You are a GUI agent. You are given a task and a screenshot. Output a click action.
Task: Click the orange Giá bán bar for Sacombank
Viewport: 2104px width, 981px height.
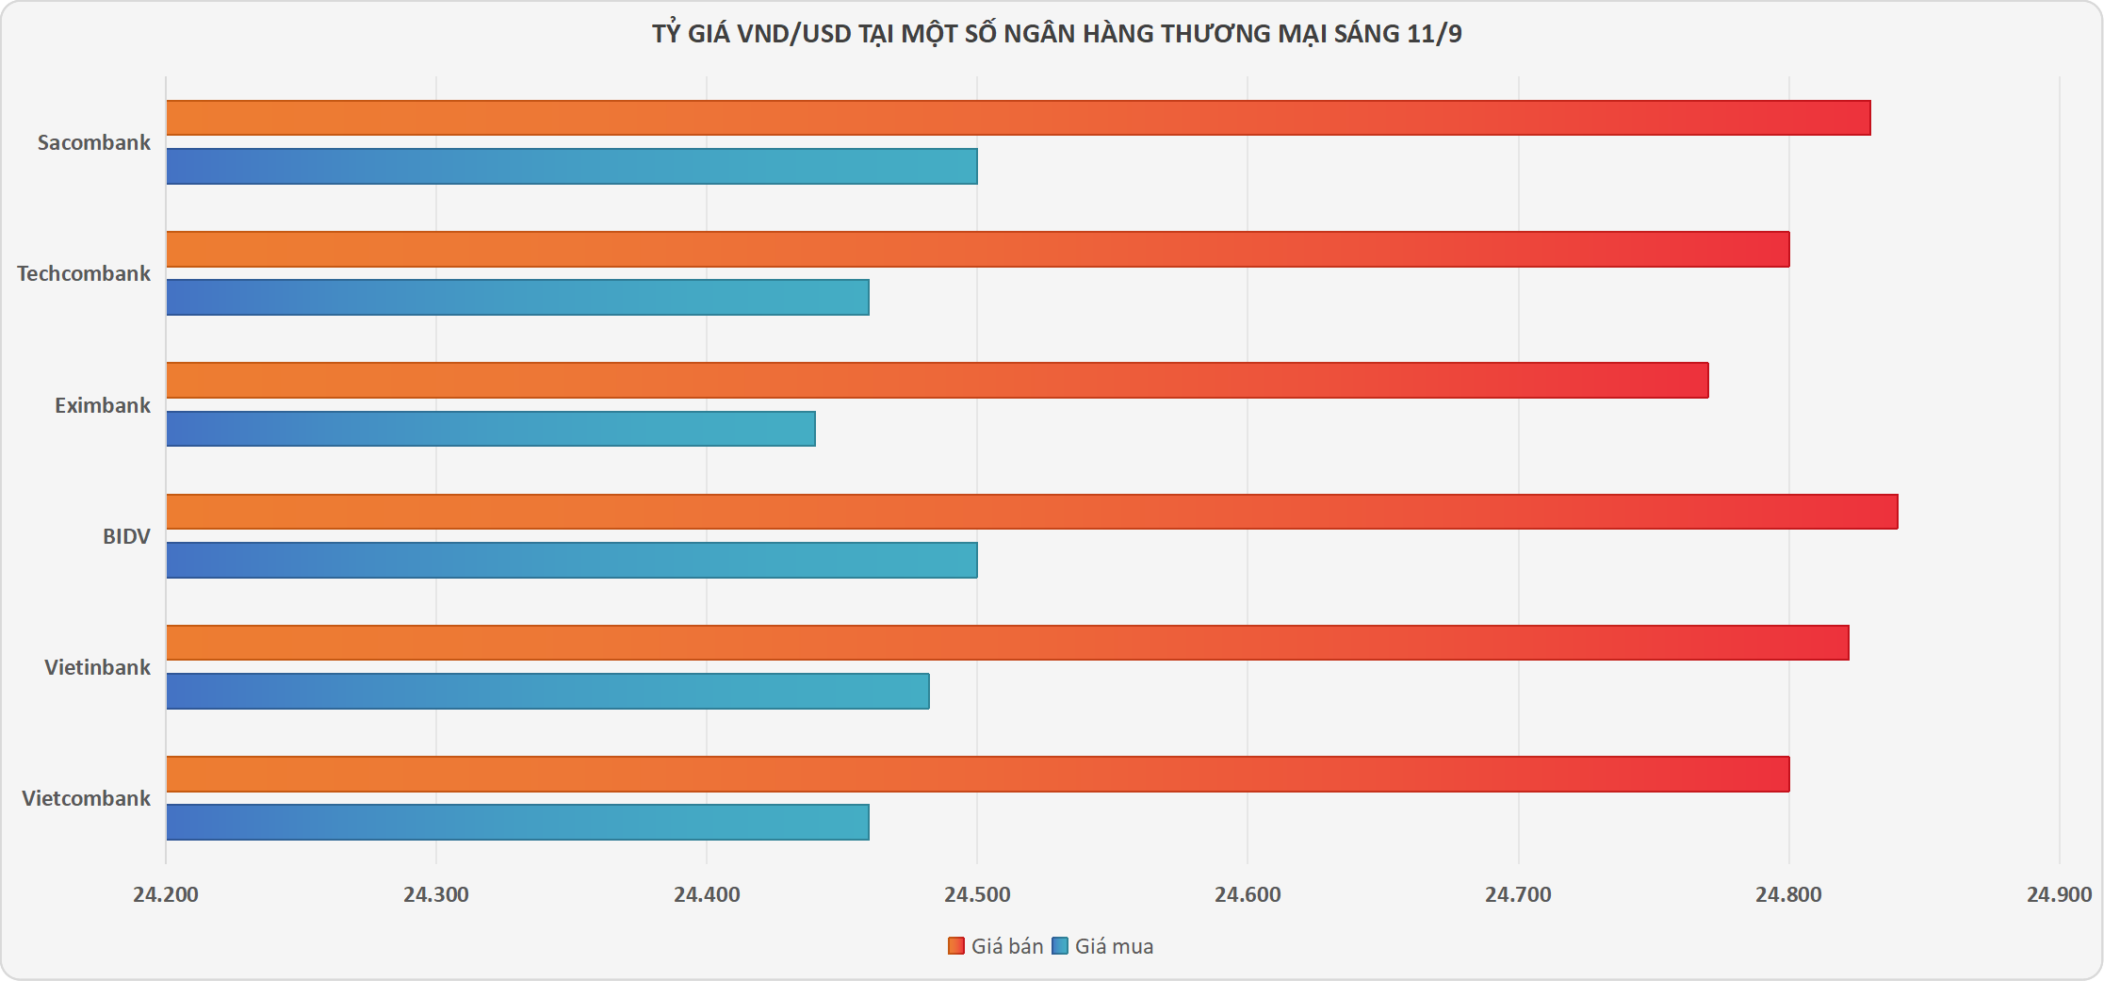click(1018, 118)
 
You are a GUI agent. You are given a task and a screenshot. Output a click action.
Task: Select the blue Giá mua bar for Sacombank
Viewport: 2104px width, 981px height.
click(572, 166)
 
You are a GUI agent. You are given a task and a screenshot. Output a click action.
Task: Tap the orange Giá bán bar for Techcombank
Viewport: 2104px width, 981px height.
click(978, 249)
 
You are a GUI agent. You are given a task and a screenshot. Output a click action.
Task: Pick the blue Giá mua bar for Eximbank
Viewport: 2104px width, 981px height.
click(491, 429)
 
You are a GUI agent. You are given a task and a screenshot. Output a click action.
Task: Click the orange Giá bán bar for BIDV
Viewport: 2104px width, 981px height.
click(1032, 512)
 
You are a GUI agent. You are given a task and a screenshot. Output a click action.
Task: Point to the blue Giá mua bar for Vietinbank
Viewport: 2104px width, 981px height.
click(547, 691)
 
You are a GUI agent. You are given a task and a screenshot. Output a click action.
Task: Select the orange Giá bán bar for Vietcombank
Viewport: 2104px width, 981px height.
click(978, 774)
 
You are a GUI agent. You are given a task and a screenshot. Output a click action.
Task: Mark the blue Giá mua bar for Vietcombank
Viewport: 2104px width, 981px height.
click(517, 822)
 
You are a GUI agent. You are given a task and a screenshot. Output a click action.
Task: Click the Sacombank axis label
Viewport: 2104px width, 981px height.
click(94, 142)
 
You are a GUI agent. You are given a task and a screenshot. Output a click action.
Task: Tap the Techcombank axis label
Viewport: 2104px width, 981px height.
click(84, 273)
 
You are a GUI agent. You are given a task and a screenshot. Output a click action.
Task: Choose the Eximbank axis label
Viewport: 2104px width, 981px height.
click(103, 405)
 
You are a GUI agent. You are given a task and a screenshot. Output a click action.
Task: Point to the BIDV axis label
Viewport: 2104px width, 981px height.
click(126, 536)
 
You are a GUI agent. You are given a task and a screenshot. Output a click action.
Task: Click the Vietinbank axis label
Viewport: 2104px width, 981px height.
click(97, 667)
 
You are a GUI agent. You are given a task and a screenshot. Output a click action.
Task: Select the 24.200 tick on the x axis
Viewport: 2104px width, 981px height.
click(166, 894)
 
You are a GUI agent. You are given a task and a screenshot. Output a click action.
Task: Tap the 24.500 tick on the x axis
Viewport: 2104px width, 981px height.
click(977, 894)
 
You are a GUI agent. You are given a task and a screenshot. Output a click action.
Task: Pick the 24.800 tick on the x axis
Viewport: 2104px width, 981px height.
click(1788, 894)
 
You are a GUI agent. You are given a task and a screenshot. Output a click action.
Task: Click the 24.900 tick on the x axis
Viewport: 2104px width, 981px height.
click(2059, 894)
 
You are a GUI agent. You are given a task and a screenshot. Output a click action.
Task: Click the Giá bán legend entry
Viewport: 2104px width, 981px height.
click(997, 946)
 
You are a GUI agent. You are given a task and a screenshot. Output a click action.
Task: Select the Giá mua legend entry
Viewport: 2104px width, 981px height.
click(1103, 946)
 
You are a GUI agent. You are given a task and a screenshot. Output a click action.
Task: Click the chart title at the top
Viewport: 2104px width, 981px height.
click(1056, 34)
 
